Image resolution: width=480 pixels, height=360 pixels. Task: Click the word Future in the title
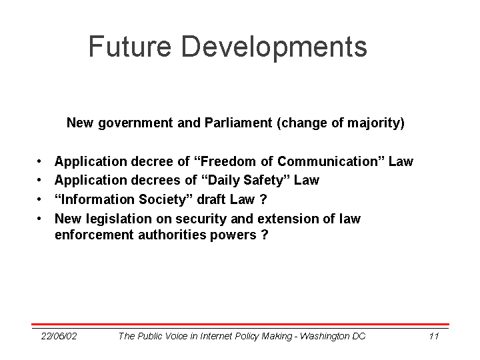[x=130, y=46]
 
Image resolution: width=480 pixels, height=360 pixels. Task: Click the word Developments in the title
[x=274, y=48]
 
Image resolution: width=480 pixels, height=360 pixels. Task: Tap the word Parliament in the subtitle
[x=238, y=123]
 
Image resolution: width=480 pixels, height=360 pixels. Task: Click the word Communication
[x=327, y=161]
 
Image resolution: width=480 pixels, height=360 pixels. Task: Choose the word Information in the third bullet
[x=97, y=199]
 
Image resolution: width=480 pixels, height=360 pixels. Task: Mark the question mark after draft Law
[x=263, y=199]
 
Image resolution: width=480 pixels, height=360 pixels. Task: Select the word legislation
[x=119, y=219]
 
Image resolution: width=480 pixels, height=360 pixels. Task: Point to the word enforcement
[x=94, y=235]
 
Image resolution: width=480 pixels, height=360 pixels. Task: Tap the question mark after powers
[x=265, y=235]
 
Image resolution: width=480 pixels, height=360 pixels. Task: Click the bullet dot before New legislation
[x=39, y=219]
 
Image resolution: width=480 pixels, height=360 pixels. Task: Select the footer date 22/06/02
[x=59, y=336]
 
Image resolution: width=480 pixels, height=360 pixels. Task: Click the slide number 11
[x=434, y=336]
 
